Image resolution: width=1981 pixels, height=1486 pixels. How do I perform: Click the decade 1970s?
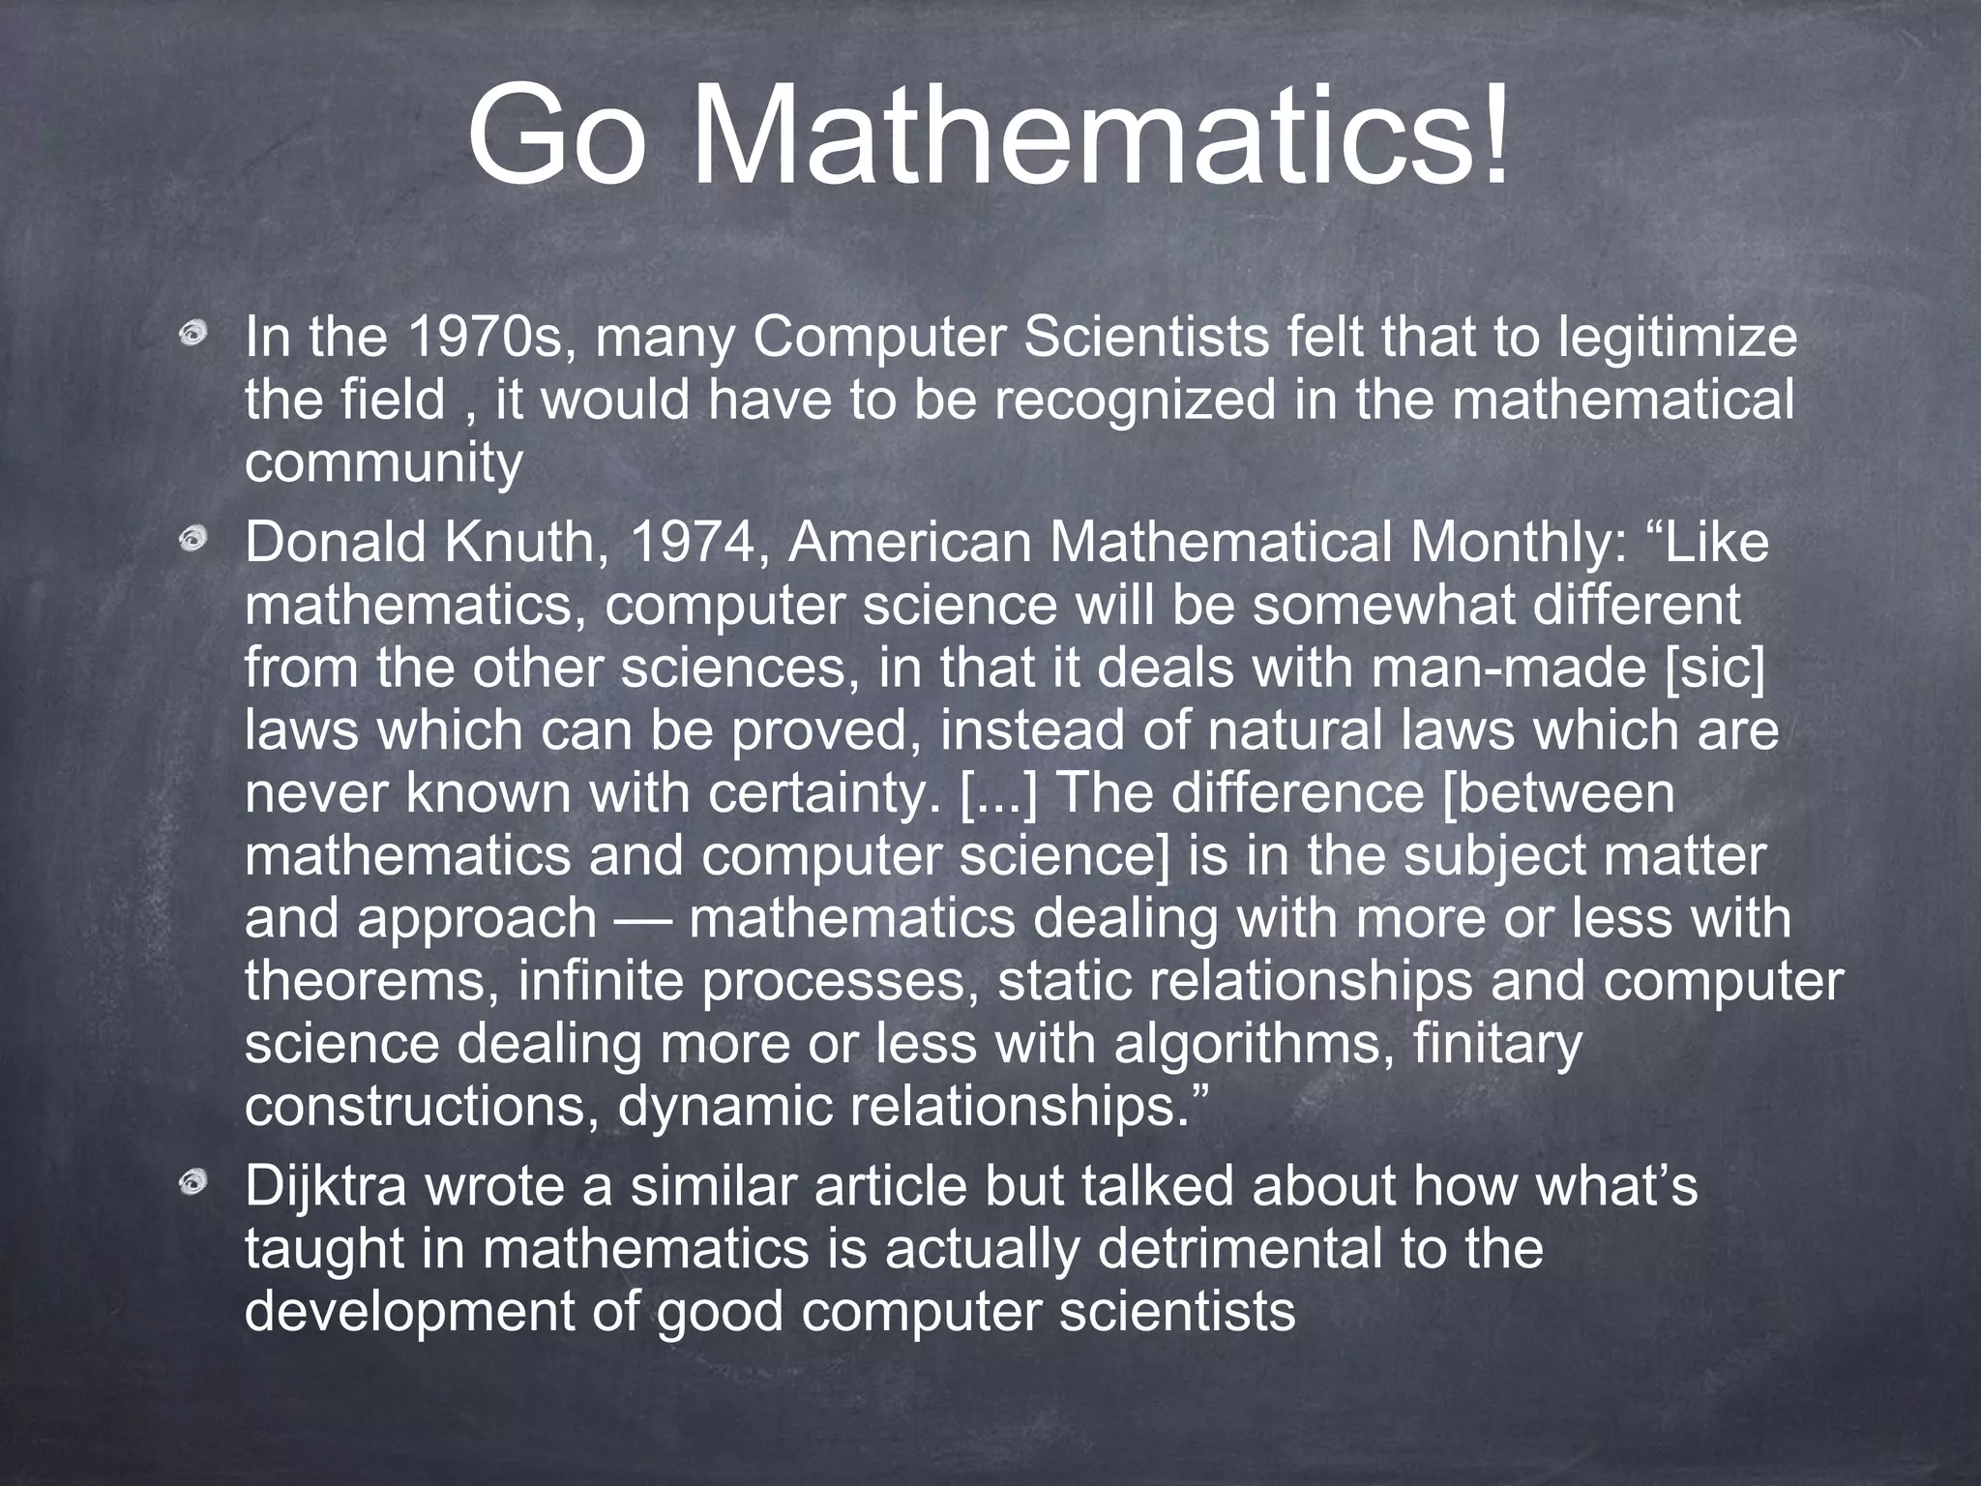tap(485, 338)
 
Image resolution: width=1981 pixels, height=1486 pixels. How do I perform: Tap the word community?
tap(384, 463)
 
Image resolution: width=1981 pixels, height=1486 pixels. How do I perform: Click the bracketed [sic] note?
tap(1715, 669)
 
